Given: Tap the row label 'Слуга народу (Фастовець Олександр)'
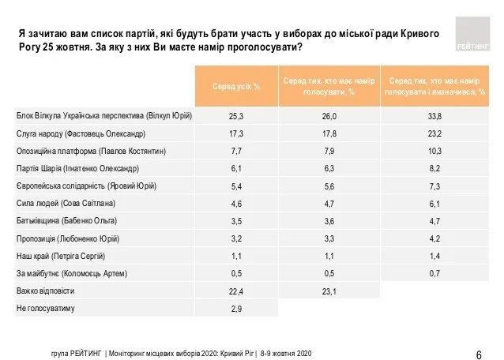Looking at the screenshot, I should pyautogui.click(x=81, y=133).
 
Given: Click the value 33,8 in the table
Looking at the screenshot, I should pyautogui.click(x=434, y=115).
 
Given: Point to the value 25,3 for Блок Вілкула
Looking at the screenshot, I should pyautogui.click(x=235, y=115).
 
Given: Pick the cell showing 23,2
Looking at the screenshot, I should pyautogui.click(x=434, y=133).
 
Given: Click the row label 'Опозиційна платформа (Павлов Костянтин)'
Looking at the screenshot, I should pyautogui.click(x=92, y=150).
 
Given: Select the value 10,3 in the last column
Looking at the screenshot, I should pyautogui.click(x=434, y=150).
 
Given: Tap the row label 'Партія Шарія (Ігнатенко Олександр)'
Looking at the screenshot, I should pyautogui.click(x=77, y=167).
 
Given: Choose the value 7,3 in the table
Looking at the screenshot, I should pyautogui.click(x=434, y=186).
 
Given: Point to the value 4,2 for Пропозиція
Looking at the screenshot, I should pyautogui.click(x=434, y=238).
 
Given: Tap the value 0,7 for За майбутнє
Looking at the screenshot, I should pyautogui.click(x=434, y=273).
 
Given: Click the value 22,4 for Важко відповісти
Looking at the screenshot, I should pyautogui.click(x=235, y=291).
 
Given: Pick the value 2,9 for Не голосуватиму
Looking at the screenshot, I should pyautogui.click(x=235, y=308).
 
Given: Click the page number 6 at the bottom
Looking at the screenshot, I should pyautogui.click(x=480, y=353).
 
